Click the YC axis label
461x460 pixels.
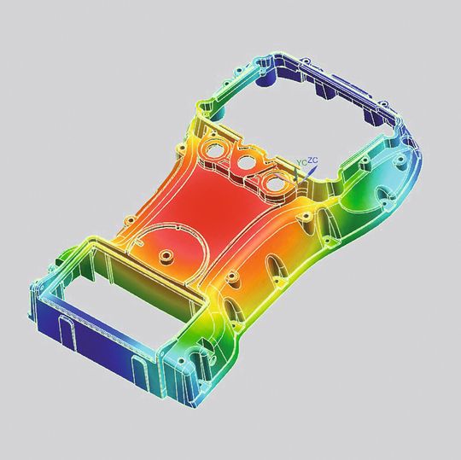[301, 161]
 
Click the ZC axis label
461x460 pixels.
[312, 159]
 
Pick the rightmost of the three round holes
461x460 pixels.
[275, 180]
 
